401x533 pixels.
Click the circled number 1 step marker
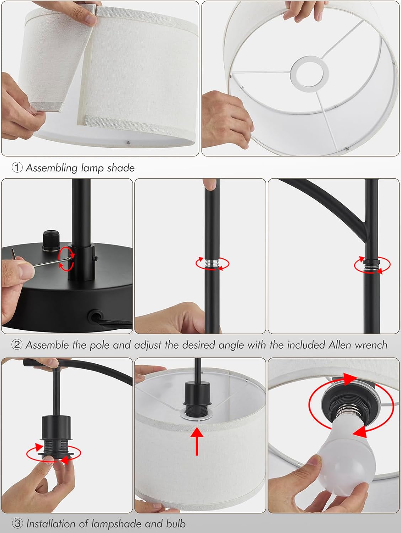click(x=17, y=168)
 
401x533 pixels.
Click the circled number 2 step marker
click(x=17, y=345)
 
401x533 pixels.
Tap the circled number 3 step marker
click(x=17, y=523)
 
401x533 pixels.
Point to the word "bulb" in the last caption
click(x=176, y=523)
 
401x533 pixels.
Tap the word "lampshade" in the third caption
click(x=117, y=523)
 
